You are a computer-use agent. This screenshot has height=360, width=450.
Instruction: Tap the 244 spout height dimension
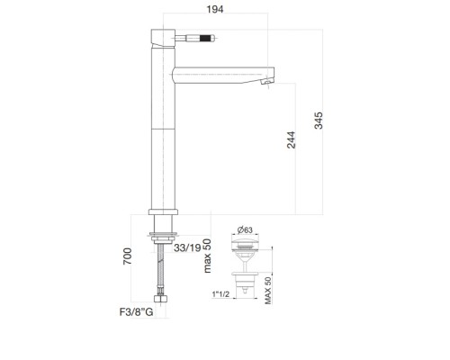[x=291, y=147]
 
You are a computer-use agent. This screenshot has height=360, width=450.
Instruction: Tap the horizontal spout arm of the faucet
[x=220, y=70]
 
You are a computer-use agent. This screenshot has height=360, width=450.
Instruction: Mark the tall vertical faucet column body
[x=159, y=135]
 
